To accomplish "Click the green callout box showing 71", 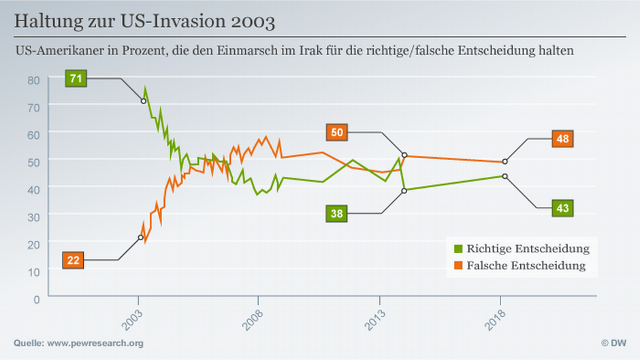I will (76, 78).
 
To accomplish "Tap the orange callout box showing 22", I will (73, 260).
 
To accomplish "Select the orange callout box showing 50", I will (337, 132).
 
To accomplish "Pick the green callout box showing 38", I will (337, 214).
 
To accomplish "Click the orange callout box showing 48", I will (562, 139).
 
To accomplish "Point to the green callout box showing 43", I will (562, 208).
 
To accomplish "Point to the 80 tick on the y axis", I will (34, 79).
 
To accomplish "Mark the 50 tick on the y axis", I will (34, 161).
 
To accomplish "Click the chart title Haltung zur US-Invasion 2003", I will (145, 22).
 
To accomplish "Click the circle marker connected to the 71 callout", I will (143, 101).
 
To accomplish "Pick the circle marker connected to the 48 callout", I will (505, 162).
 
